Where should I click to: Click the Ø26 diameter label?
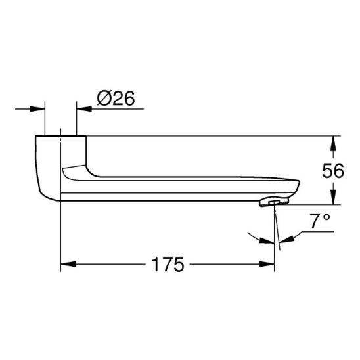tap(116, 99)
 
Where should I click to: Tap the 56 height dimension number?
tap(333, 171)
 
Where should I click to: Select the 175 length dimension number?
tap(168, 264)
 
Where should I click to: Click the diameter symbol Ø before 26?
tap(104, 99)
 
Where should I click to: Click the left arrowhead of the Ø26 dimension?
tap(37, 109)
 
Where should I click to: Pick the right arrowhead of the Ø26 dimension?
tap(84, 109)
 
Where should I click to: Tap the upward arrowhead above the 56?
tap(334, 143)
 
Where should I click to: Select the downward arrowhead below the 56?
tap(334, 197)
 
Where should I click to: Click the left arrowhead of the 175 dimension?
tap(68, 264)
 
